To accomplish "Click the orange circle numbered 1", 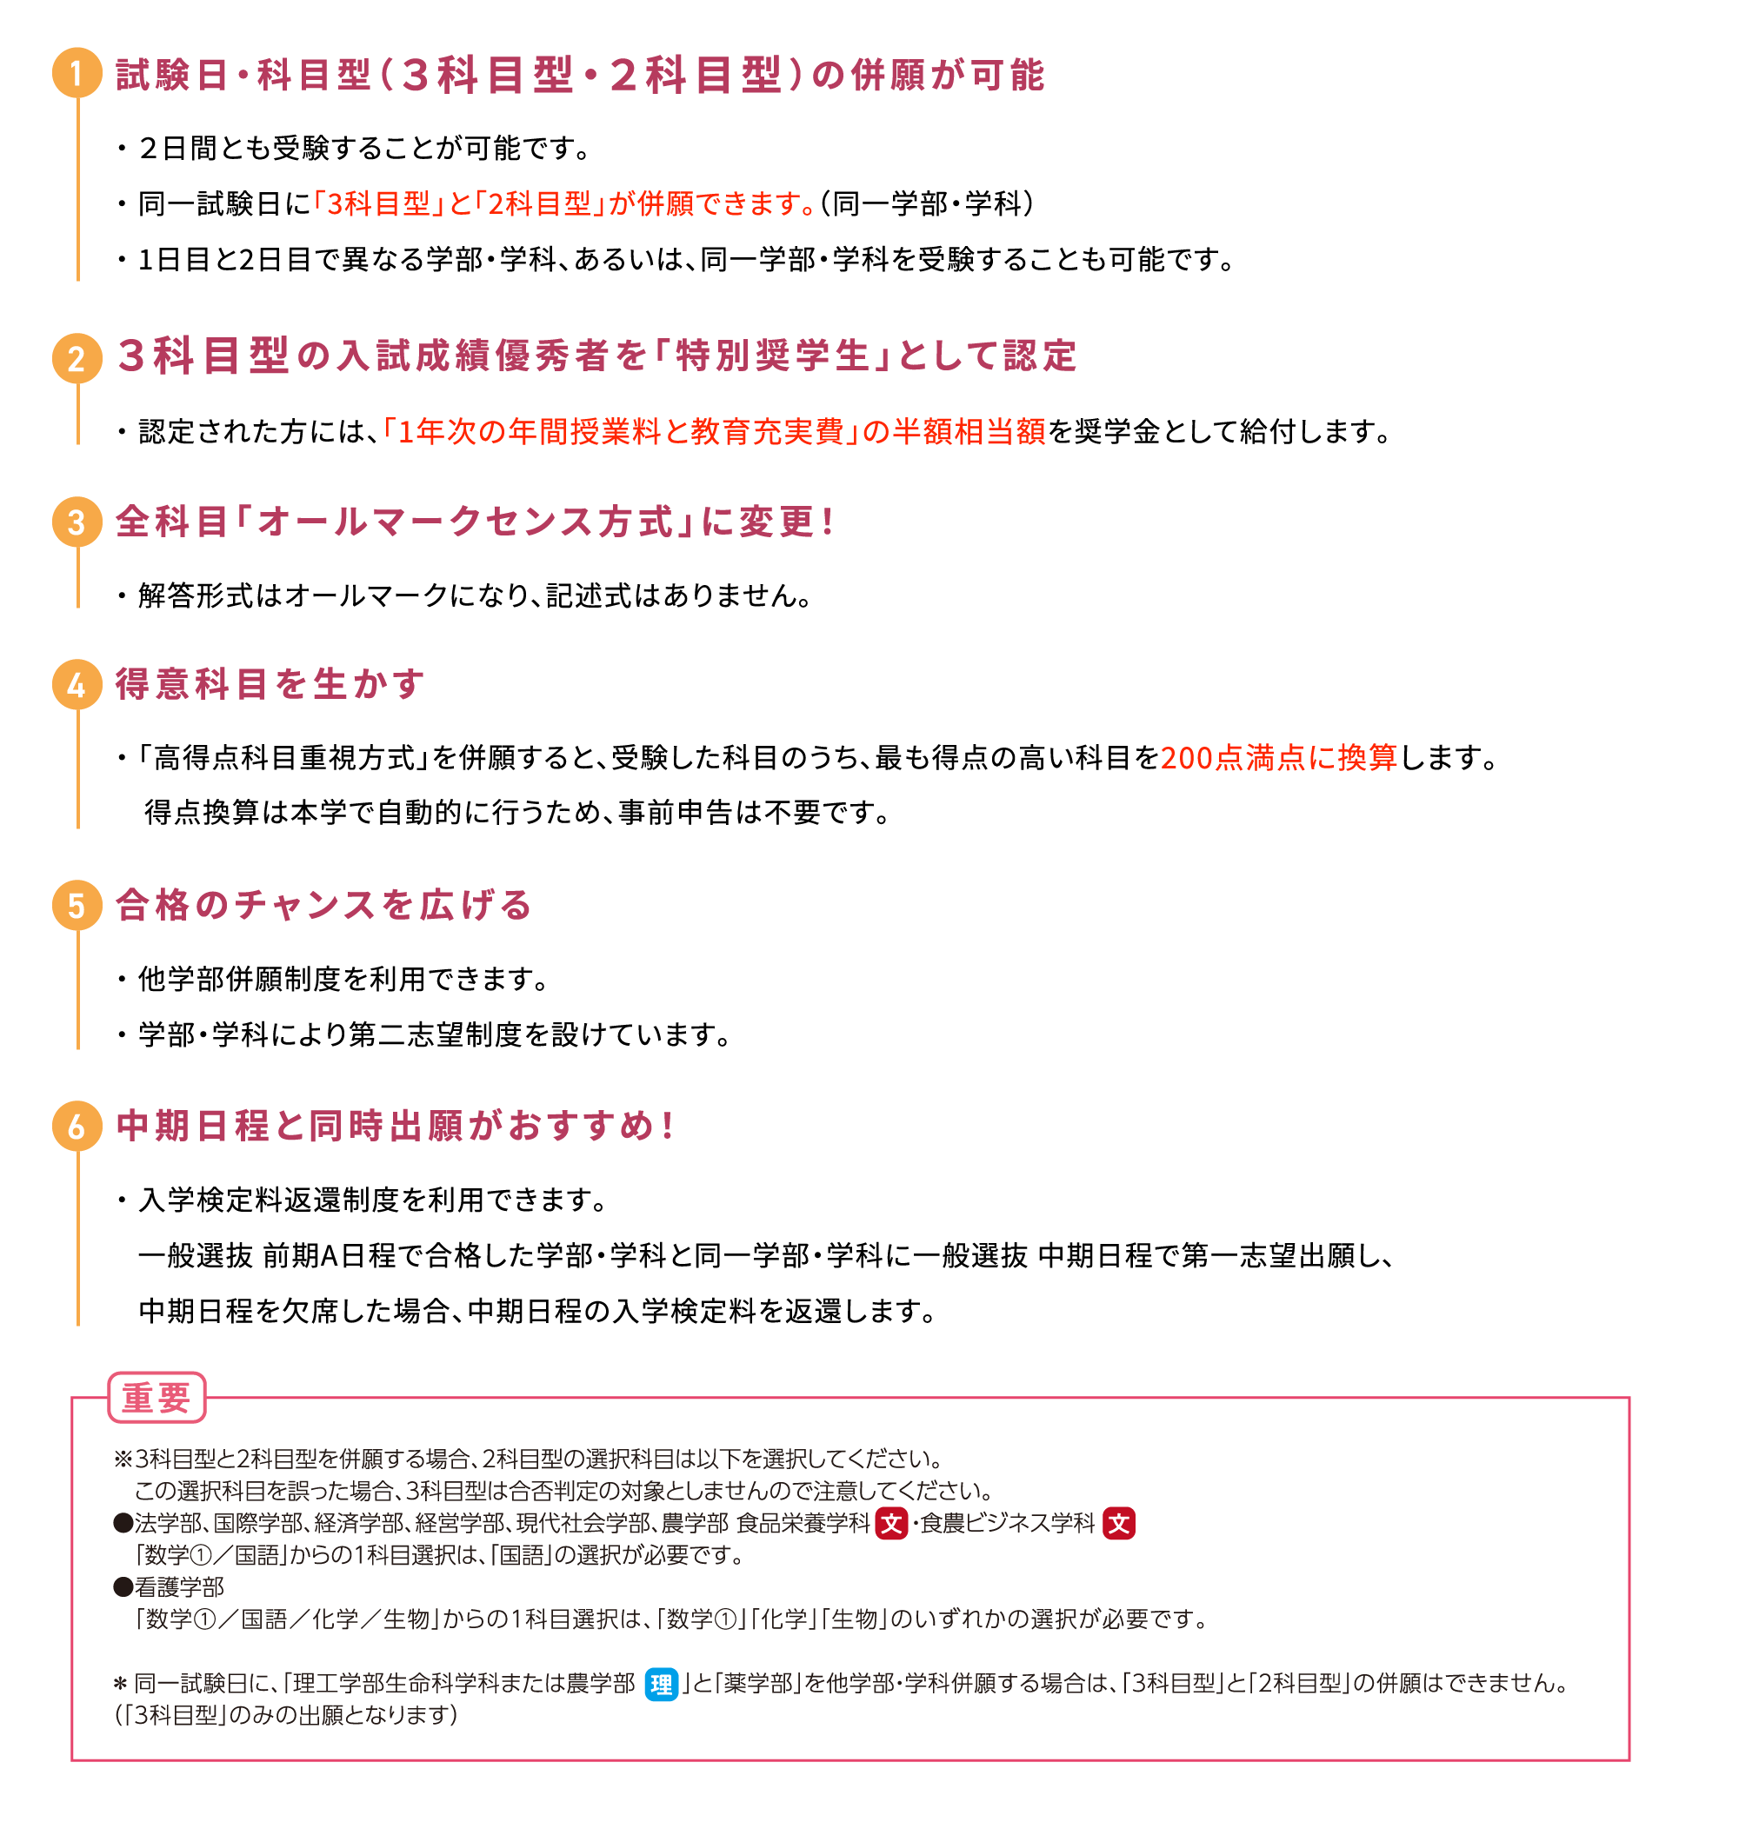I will [77, 73].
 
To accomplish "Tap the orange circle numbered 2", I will [77, 358].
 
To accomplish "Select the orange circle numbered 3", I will [77, 522].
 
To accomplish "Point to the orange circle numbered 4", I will [77, 685].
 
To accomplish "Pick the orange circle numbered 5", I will [77, 905].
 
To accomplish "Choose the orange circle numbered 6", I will [77, 1126].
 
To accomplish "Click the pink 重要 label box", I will [157, 1397].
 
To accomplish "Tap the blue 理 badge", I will [661, 1684].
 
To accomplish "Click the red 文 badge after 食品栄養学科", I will [891, 1524].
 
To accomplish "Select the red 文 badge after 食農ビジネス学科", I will [1118, 1524].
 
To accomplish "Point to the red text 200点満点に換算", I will [1278, 758].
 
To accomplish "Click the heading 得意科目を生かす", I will [270, 684].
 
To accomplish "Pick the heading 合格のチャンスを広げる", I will [323, 905].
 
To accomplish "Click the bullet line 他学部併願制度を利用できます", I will [343, 979].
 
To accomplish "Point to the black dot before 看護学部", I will [123, 1587].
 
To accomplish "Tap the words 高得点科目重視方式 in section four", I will [283, 758].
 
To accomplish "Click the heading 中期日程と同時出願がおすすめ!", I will [395, 1126].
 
